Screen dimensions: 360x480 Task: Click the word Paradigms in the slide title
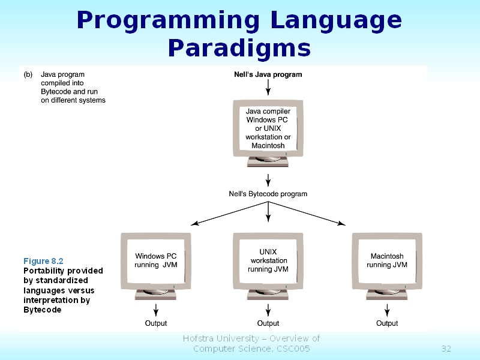(x=239, y=47)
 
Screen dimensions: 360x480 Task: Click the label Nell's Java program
(x=268, y=75)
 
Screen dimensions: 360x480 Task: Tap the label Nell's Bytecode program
(x=268, y=194)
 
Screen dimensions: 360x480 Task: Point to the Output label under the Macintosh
(x=387, y=323)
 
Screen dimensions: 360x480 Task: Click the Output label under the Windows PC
(x=156, y=323)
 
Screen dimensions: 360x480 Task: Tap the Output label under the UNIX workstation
(x=268, y=323)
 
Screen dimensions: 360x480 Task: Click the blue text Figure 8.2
(x=43, y=261)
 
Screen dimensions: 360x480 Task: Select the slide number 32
(x=446, y=349)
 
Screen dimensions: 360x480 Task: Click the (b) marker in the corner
(x=28, y=75)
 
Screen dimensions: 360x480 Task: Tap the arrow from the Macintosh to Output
(x=387, y=310)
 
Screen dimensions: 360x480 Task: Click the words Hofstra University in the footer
(x=220, y=338)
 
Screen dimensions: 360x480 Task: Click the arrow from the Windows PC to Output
(x=156, y=310)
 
